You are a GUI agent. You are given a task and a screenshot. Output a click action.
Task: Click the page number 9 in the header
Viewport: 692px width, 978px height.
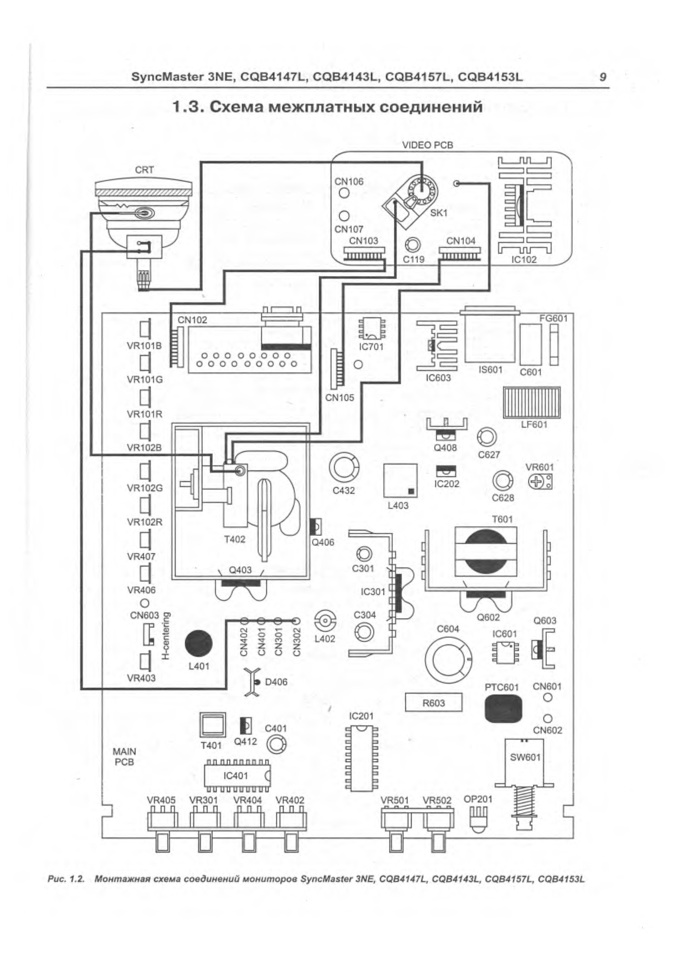point(603,77)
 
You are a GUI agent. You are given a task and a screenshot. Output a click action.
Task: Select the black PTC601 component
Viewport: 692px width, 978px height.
point(503,708)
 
